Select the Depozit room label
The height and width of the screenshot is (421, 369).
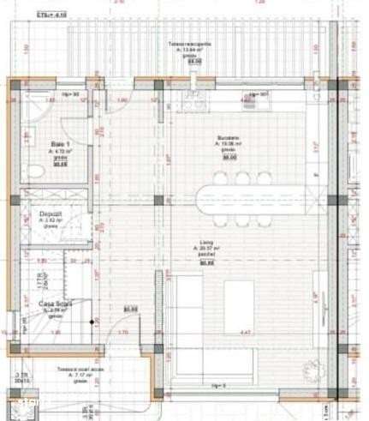click(49, 214)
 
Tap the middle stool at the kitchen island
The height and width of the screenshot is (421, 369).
click(243, 177)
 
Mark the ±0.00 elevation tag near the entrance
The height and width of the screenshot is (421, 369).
click(130, 309)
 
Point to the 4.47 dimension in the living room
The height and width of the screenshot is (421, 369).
click(245, 333)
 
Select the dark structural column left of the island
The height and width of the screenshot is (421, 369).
click(158, 201)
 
